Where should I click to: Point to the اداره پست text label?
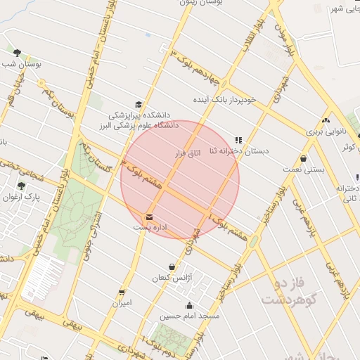148,228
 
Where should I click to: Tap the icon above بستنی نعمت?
303,158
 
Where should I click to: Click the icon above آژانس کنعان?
172,267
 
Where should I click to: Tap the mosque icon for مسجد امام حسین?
189,305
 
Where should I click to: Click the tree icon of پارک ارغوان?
21,186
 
